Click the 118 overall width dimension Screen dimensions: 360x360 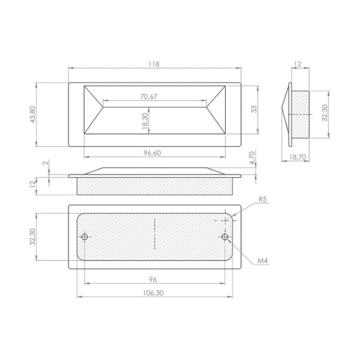click(x=154, y=64)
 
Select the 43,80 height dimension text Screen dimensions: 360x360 click(x=33, y=114)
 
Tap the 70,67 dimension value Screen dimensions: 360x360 click(x=149, y=96)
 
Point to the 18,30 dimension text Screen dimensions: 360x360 click(x=145, y=121)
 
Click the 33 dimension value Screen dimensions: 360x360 click(x=254, y=109)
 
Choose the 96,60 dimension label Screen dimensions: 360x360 click(x=152, y=153)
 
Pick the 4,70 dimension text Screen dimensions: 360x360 click(x=253, y=158)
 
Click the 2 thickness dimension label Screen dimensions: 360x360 click(x=46, y=163)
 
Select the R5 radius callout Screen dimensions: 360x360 click(x=262, y=199)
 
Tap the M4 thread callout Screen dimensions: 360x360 click(x=262, y=260)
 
